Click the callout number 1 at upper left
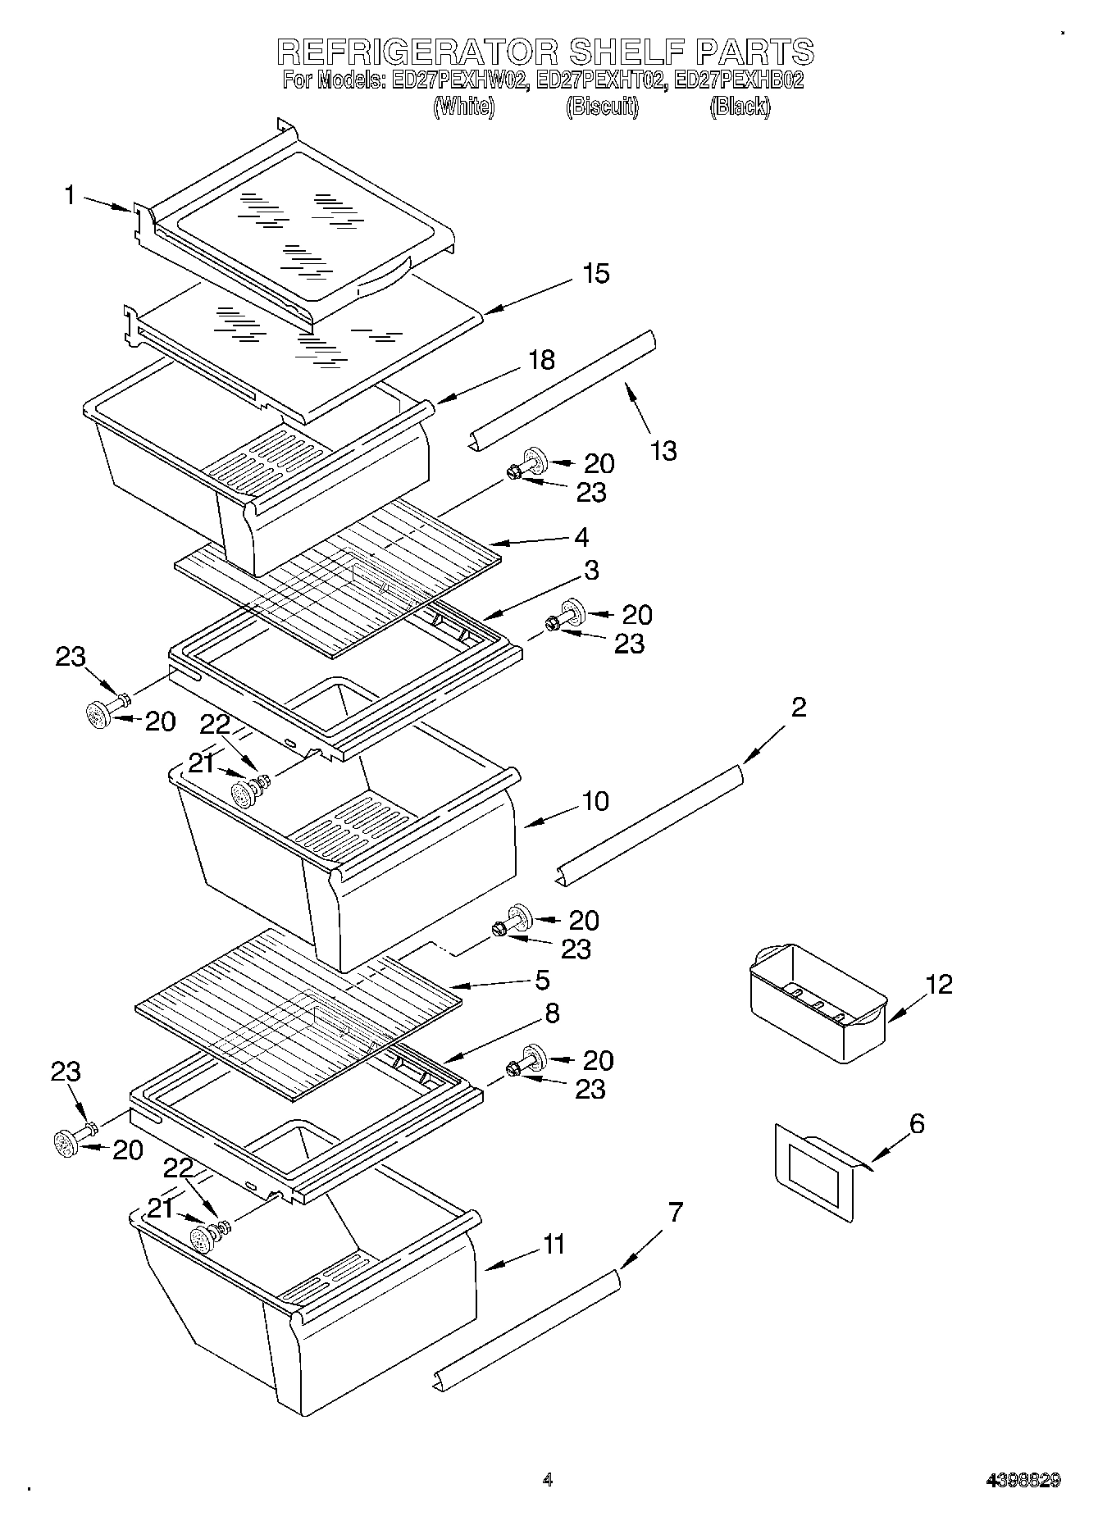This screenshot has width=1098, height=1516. click(70, 195)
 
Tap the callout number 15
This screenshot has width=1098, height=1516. click(596, 274)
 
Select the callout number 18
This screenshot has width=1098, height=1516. click(541, 360)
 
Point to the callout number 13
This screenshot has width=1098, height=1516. click(663, 450)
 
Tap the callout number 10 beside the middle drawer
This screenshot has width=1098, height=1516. click(595, 800)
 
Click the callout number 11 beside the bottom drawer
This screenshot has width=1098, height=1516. click(554, 1245)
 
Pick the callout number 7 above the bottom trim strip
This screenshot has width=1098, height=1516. click(675, 1212)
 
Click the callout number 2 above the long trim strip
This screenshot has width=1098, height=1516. click(798, 708)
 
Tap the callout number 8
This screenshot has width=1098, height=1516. click(552, 1013)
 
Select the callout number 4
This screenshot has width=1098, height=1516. click(581, 538)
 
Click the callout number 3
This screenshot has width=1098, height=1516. click(591, 570)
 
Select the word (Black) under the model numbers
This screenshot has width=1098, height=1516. click(740, 107)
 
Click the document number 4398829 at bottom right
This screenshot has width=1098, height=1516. click(1023, 1480)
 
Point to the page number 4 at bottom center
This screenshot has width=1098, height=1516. click(548, 1480)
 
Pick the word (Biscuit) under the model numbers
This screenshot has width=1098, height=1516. click(602, 107)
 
